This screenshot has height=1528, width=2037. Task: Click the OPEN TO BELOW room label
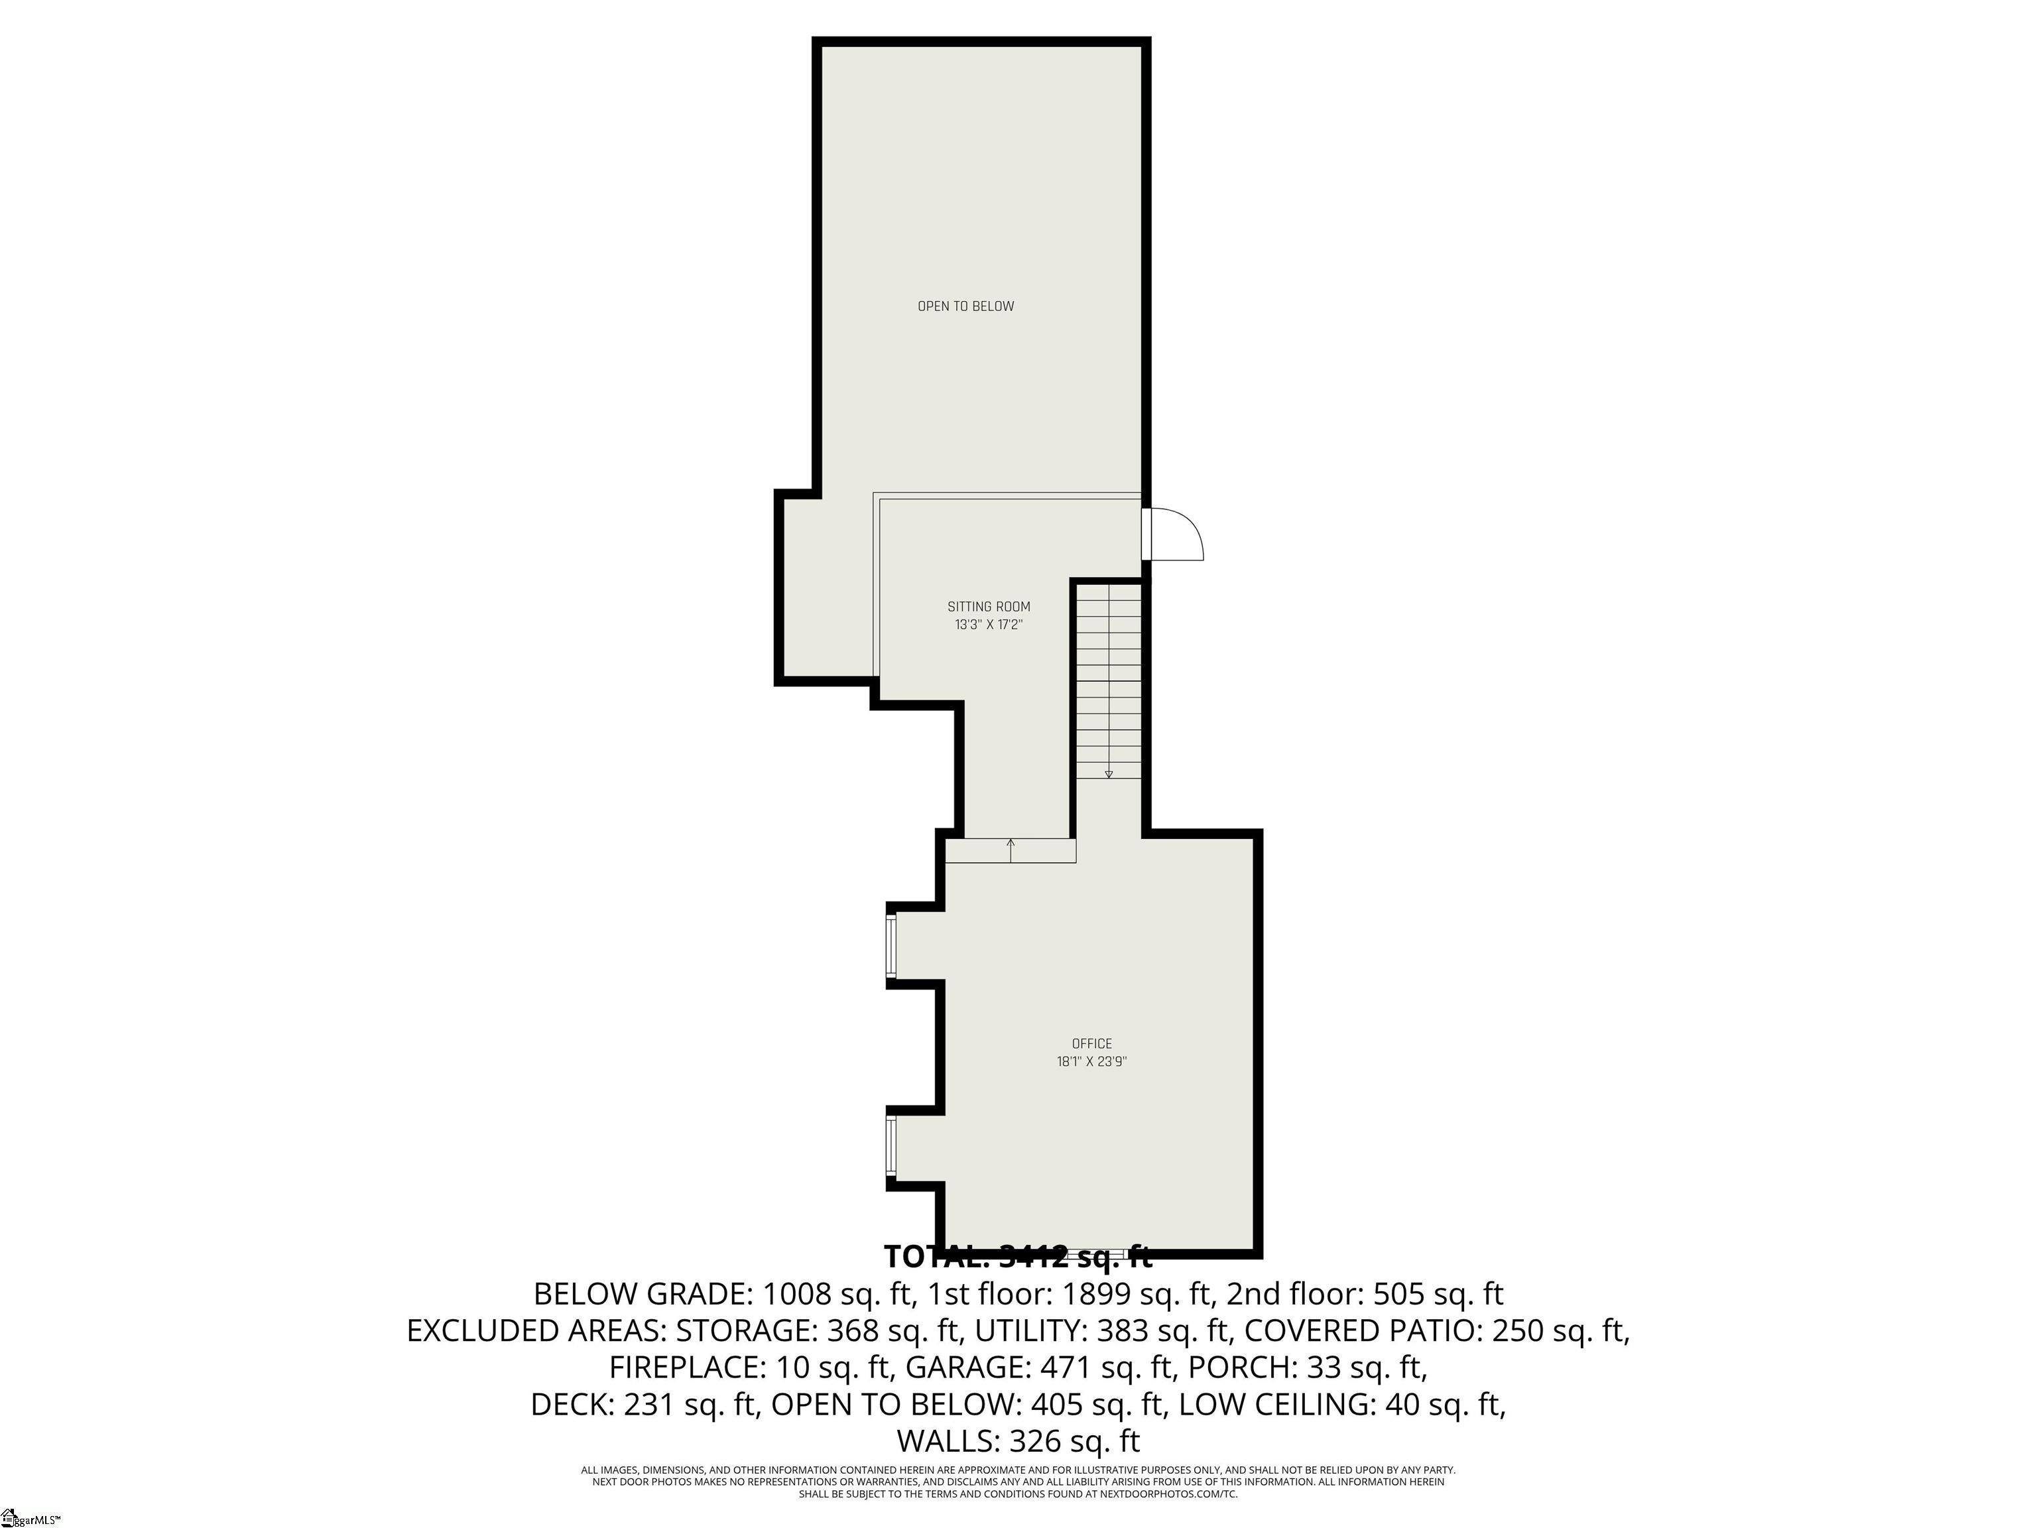click(x=965, y=306)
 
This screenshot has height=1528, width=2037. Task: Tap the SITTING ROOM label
click(x=988, y=607)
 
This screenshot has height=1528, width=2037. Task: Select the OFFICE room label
click(x=1091, y=1043)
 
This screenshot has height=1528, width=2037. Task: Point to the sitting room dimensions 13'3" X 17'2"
click(x=988, y=625)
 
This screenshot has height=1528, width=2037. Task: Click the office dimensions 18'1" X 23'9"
click(x=1091, y=1062)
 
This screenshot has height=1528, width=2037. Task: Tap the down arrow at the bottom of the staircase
click(x=1109, y=775)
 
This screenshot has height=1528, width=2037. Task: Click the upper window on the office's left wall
click(x=891, y=946)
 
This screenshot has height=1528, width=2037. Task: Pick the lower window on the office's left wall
click(x=891, y=1145)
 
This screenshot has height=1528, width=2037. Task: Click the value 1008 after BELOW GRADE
click(x=799, y=1294)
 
